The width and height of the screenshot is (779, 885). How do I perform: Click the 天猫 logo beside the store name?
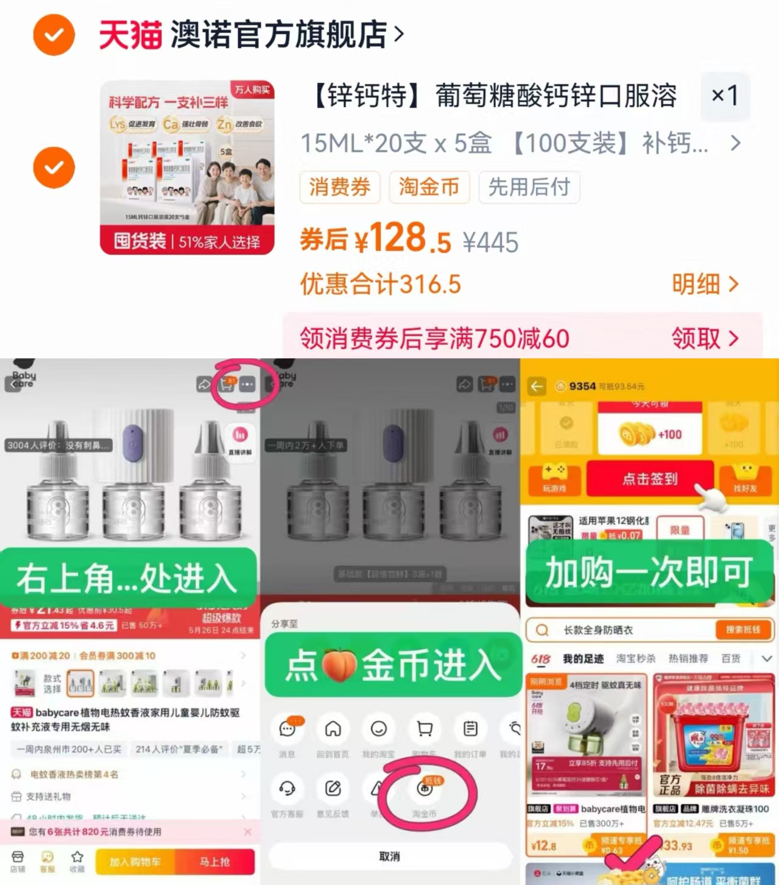130,34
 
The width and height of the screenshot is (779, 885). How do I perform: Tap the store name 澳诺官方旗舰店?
279,34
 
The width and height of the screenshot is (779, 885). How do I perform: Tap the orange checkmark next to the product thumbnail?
54,167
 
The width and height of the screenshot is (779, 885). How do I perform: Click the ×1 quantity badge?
724,96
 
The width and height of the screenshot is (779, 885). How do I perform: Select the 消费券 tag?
339,187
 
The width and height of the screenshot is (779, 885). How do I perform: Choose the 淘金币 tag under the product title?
429,187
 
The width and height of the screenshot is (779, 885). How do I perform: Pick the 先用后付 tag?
529,187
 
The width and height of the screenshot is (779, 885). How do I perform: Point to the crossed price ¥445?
490,242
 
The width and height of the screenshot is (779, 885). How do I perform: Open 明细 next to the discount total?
704,284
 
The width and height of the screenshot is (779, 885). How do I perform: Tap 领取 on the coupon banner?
704,338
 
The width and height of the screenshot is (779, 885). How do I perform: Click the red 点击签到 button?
649,479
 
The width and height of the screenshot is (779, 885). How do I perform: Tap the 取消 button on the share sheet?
390,856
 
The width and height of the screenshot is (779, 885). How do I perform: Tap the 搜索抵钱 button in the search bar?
742,630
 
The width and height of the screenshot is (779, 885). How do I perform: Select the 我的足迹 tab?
583,658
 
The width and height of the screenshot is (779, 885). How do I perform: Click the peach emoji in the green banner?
339,665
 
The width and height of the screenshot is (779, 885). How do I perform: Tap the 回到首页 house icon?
333,729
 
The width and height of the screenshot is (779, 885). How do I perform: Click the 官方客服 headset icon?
287,789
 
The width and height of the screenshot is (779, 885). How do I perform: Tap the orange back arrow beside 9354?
537,386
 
